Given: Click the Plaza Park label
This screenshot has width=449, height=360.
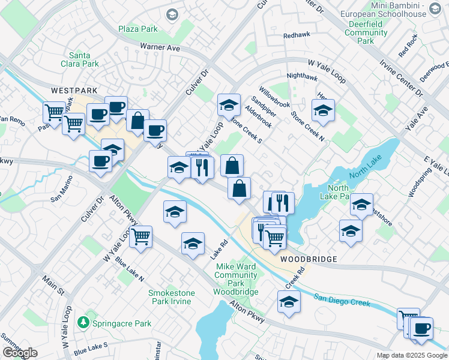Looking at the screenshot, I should pos(137,29).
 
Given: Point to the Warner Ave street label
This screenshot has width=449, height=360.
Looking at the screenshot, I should pos(160,46).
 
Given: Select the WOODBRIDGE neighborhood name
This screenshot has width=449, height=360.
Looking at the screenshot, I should pos(308,259).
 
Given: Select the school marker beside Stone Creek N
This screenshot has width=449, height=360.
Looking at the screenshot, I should pos(323,111).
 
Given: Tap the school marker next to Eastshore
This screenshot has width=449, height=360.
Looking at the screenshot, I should pos(361,205).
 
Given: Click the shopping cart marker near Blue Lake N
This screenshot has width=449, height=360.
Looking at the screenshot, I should pos(140,236).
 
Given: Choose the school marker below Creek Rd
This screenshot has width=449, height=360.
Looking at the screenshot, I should pos(289,302).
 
